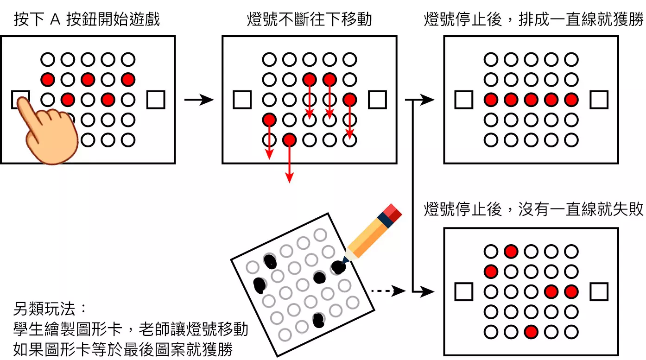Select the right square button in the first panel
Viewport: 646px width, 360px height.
coord(156,100)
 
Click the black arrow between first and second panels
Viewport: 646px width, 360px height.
coord(199,100)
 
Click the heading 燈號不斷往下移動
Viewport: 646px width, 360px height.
coord(310,20)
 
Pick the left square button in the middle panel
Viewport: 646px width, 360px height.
coord(241,100)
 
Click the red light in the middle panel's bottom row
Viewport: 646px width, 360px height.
coord(289,139)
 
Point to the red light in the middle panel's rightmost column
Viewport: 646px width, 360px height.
coord(350,99)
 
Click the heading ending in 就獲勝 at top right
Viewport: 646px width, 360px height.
coord(533,20)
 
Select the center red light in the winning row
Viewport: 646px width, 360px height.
coord(531,100)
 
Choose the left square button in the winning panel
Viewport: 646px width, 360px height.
coord(463,100)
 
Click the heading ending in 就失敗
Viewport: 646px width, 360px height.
coord(533,210)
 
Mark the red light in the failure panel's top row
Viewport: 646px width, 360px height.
coord(511,252)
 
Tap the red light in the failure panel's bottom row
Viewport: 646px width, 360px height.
coord(531,332)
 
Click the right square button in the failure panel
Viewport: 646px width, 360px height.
coord(599,292)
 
